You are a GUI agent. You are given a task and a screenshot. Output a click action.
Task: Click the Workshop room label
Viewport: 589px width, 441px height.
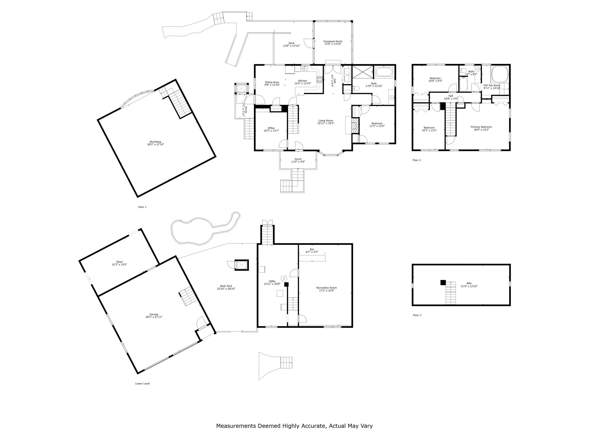pos(155,142)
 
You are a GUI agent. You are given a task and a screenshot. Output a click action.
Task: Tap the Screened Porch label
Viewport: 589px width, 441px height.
pos(333,41)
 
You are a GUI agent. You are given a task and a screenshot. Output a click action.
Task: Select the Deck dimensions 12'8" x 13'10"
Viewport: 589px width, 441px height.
pos(292,46)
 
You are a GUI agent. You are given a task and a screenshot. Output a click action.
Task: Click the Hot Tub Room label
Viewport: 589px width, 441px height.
pos(492,85)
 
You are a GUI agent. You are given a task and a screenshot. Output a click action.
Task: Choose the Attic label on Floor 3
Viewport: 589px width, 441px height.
pos(469,283)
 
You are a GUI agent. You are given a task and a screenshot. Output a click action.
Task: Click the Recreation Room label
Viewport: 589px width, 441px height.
pos(327,288)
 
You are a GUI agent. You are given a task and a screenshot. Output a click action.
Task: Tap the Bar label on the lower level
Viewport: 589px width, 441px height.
pos(312,249)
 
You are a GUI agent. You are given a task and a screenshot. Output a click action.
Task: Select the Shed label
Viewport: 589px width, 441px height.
pos(119,262)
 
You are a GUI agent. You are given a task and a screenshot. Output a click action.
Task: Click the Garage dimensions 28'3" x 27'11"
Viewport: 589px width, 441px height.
pos(154,317)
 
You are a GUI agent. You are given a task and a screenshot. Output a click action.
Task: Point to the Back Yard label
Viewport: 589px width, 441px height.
pos(226,286)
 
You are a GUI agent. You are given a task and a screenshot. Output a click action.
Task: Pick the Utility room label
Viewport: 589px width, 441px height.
pos(272,281)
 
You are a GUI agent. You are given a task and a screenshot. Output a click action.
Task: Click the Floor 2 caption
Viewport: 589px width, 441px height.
pos(417,160)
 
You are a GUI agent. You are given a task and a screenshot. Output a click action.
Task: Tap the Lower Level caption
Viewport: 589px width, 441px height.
pos(142,384)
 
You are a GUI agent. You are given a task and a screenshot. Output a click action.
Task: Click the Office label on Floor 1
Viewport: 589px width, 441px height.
pos(271,128)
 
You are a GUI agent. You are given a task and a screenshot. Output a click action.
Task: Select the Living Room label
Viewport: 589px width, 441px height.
pos(326,121)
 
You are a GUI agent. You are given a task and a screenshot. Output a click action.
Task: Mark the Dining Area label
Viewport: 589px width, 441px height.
pos(272,82)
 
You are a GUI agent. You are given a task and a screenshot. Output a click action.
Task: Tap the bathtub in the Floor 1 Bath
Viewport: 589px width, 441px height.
pos(384,72)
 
